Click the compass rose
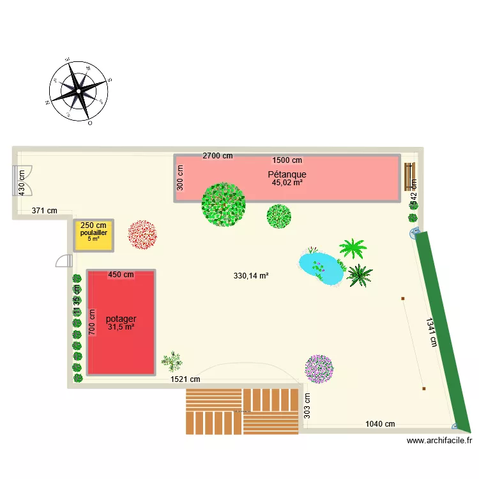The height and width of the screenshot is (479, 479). click(79, 91)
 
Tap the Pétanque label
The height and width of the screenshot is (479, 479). click(287, 174)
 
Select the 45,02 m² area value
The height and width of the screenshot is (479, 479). click(287, 183)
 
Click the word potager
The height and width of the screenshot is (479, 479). click(121, 319)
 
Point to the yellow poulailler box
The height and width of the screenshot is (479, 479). click(94, 234)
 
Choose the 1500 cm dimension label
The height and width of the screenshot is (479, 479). click(287, 160)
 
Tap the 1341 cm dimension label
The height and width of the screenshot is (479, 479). click(432, 332)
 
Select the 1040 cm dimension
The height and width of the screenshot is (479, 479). click(380, 424)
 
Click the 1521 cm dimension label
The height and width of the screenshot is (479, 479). click(185, 379)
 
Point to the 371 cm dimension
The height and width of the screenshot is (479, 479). click(44, 210)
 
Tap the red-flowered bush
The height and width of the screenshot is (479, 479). click(142, 234)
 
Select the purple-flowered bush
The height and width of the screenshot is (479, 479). click(319, 369)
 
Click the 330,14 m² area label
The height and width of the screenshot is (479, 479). click(251, 276)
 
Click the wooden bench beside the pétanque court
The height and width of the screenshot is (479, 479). click(409, 177)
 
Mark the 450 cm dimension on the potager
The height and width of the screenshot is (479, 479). click(121, 275)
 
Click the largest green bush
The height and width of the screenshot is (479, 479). click(224, 204)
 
